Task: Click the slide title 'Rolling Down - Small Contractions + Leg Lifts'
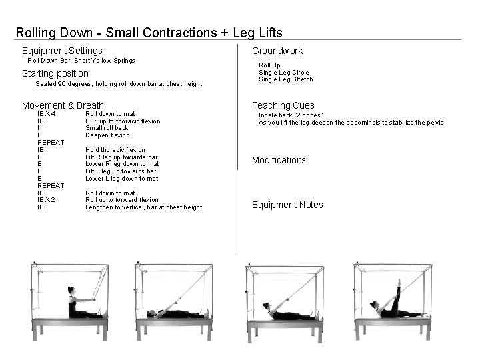click(x=149, y=33)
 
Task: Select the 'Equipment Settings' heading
click(x=62, y=51)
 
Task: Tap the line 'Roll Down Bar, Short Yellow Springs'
click(x=81, y=61)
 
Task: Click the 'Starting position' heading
click(x=55, y=73)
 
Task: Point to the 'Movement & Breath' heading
click(x=63, y=105)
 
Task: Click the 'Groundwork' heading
click(x=277, y=51)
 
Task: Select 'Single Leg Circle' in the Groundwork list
click(x=283, y=72)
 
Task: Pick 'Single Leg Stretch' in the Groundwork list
click(x=285, y=79)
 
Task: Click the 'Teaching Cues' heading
click(x=283, y=105)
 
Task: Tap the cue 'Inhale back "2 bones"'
click(x=291, y=115)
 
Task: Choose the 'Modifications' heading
click(x=279, y=160)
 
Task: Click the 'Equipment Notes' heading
click(x=287, y=205)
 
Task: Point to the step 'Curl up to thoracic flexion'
click(x=123, y=121)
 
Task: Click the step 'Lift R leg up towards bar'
click(x=121, y=157)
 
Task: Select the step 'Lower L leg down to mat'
click(x=121, y=179)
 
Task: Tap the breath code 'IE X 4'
click(x=47, y=114)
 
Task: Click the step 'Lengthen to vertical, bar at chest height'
click(x=143, y=207)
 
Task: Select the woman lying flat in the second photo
click(x=175, y=313)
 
